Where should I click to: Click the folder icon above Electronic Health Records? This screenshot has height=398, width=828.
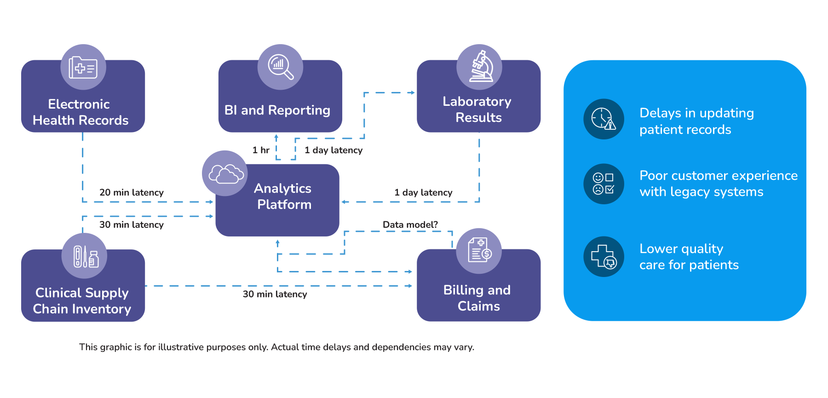click(x=83, y=68)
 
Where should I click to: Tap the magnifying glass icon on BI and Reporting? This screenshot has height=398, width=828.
click(x=280, y=67)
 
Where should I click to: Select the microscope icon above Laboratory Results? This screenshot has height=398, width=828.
click(x=479, y=67)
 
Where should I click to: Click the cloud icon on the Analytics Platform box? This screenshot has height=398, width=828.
click(x=225, y=173)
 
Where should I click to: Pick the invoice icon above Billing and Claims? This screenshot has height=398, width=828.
click(x=479, y=250)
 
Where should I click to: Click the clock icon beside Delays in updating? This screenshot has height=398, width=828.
click(x=604, y=119)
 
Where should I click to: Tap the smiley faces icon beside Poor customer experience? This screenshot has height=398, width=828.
click(x=604, y=184)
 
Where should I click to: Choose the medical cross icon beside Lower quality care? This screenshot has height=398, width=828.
click(x=604, y=257)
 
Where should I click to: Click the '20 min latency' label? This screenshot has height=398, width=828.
click(x=132, y=192)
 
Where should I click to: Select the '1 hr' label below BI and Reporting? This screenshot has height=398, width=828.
click(x=261, y=150)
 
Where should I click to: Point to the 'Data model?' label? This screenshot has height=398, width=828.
click(x=410, y=225)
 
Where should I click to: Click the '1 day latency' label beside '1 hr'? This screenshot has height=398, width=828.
click(x=333, y=150)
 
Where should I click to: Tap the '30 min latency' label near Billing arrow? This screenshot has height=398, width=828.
click(x=275, y=294)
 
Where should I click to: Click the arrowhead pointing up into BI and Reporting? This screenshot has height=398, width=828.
click(x=276, y=137)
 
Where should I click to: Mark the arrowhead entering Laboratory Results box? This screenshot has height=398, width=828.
click(x=412, y=92)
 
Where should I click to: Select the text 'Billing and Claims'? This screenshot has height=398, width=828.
click(x=477, y=298)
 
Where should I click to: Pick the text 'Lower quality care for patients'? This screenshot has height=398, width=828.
click(x=689, y=257)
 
